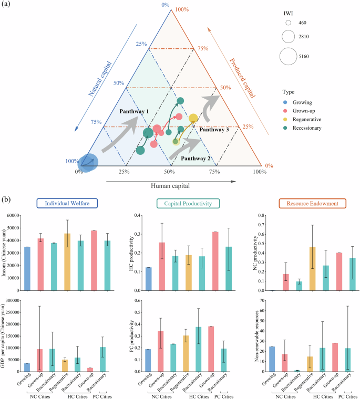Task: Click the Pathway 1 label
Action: (134, 111)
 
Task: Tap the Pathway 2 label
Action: (196, 157)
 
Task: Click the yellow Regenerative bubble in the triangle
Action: (193, 119)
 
